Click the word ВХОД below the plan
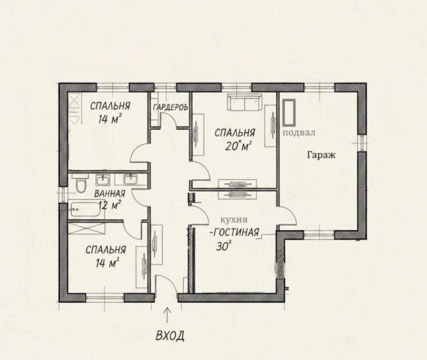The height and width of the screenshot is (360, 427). coord(170,335)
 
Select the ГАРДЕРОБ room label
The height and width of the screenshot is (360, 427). coord(171,107)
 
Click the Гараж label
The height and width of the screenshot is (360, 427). coord(322,156)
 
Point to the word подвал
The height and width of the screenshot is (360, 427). coord(300,133)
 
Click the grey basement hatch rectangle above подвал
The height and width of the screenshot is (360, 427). coord(289,113)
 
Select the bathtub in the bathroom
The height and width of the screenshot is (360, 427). coord(86,209)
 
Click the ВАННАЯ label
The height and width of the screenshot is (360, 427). coord(110,193)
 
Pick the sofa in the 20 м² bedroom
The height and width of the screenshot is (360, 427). coord(244,103)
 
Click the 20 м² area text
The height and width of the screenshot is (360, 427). coord(238,146)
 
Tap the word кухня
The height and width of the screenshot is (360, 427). coord(233,220)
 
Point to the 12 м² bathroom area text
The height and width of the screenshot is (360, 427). coord(110,205)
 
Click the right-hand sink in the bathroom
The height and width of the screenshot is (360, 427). coord(131,180)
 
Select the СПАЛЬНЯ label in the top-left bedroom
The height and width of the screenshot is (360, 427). coord(110,106)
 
